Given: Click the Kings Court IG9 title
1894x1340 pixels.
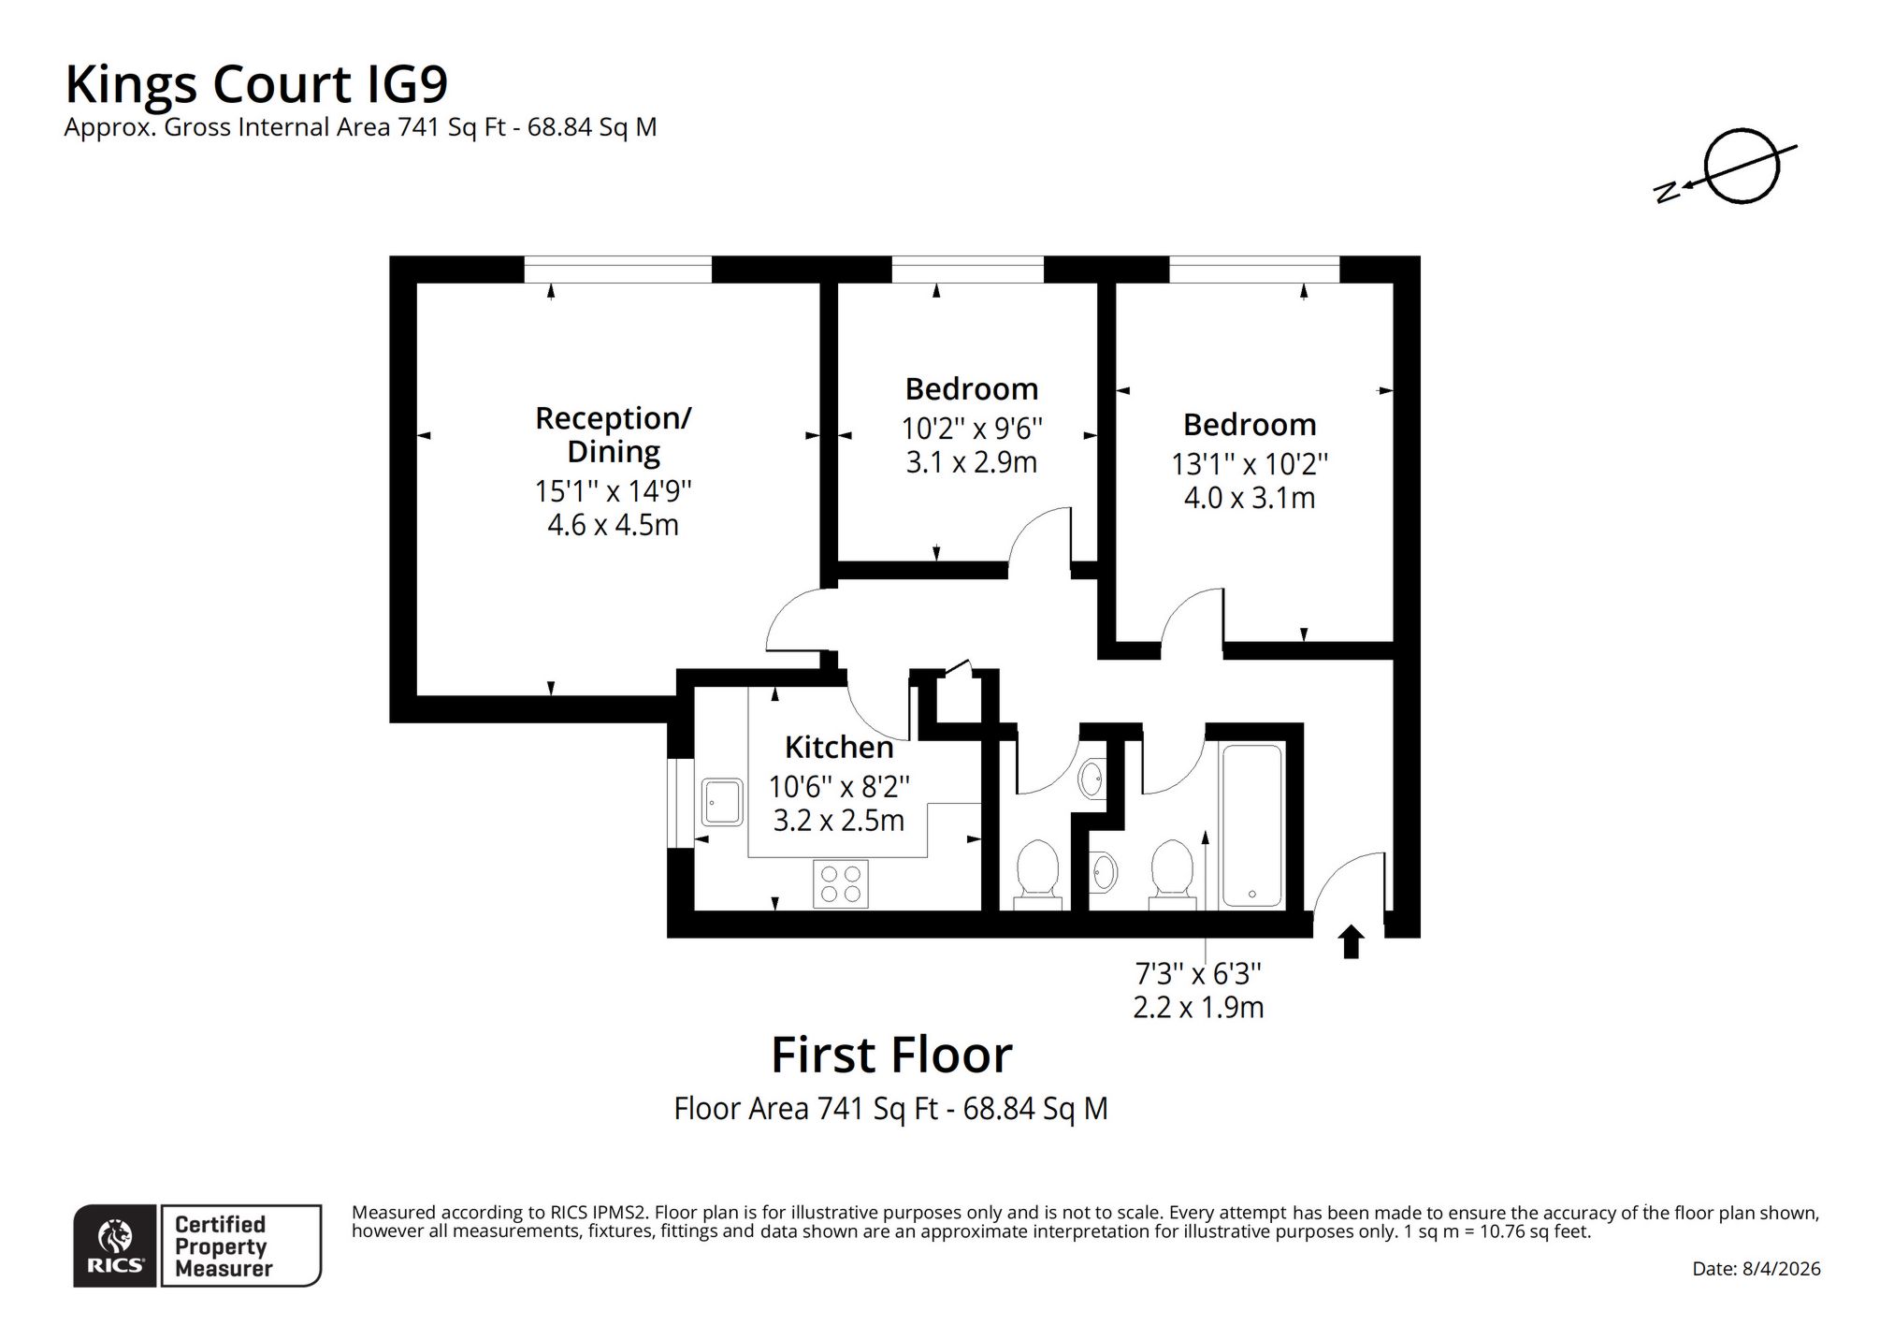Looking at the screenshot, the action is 256,85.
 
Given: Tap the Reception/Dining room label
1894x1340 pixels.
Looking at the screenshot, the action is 613,434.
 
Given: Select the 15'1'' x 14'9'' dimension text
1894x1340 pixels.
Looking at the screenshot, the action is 613,490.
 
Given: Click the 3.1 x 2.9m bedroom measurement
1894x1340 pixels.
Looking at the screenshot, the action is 972,462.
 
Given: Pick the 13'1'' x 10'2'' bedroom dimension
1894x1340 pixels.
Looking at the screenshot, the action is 1250,464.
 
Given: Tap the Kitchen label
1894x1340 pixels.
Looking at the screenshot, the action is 839,748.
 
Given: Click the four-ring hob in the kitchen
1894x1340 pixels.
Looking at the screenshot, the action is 841,883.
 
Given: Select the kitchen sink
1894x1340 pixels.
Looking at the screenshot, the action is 722,802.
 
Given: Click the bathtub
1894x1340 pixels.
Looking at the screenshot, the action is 1251,824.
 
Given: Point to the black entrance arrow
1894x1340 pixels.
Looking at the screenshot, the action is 1350,941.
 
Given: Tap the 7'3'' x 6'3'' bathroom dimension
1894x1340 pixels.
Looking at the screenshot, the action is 1198,974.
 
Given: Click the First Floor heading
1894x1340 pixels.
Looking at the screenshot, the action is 891,1055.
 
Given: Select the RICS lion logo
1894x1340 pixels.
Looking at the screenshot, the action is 115,1245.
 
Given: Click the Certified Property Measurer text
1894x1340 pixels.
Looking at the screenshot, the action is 223,1246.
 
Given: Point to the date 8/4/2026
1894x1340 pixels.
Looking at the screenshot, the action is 1757,1269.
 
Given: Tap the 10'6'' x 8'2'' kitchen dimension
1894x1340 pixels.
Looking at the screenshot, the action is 839,786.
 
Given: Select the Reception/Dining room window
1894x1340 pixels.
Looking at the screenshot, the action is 617,269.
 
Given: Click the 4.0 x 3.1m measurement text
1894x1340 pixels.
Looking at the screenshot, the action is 1250,498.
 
